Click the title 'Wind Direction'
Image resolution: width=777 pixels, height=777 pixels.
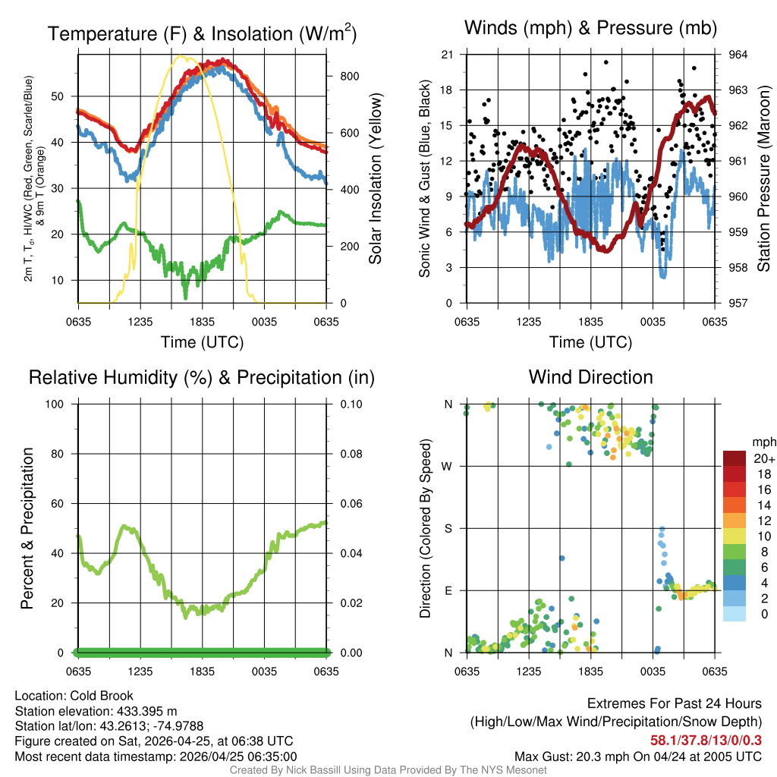pos(590,377)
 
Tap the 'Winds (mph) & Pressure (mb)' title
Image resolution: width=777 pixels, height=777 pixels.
pos(590,29)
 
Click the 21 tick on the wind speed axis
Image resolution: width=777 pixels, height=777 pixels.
pos(447,55)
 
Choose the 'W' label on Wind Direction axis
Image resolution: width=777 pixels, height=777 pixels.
pos(448,466)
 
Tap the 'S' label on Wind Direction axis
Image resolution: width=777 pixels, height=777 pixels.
pos(448,528)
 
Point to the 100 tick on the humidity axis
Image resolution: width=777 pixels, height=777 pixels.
pos(58,404)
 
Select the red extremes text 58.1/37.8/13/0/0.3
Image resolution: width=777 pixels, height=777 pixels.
pos(706,740)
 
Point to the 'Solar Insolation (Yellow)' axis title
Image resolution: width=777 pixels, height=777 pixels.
pos(375,178)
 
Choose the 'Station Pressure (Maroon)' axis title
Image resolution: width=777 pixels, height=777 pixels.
pos(764,178)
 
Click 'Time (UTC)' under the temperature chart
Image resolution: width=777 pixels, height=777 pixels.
pos(202,342)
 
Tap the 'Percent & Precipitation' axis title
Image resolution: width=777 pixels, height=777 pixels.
pos(27,528)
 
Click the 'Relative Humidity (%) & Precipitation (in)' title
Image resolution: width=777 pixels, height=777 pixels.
pos(202,377)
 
